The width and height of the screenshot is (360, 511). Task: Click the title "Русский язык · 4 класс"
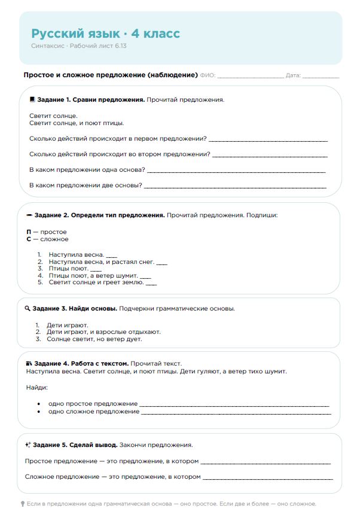pyautogui.click(x=105, y=34)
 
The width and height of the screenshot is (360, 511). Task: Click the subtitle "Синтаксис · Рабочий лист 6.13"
pyautogui.click(x=78, y=45)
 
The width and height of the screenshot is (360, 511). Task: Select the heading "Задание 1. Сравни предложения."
pyautogui.click(x=90, y=99)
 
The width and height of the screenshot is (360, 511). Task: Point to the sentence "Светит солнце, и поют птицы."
pyautogui.click(x=77, y=123)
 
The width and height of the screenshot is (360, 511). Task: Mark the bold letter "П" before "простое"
pyautogui.click(x=29, y=232)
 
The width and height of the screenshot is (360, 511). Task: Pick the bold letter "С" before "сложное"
pyautogui.click(x=29, y=239)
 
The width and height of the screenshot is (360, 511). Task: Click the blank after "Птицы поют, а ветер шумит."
pyautogui.click(x=145, y=276)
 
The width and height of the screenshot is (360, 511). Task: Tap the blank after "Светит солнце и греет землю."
pyautogui.click(x=151, y=283)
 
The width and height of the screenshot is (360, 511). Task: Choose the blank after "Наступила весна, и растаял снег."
pyautogui.click(x=161, y=263)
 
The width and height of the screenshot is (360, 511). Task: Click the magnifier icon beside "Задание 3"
pyautogui.click(x=28, y=309)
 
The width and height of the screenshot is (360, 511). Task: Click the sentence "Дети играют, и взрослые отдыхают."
pyautogui.click(x=103, y=332)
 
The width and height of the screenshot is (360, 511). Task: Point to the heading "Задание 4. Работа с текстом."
pyautogui.click(x=81, y=363)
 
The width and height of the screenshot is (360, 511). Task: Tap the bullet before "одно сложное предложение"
pyautogui.click(x=39, y=412)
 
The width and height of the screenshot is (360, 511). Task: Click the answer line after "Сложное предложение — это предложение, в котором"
pyautogui.click(x=267, y=477)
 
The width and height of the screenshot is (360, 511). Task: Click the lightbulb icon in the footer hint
pyautogui.click(x=23, y=504)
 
